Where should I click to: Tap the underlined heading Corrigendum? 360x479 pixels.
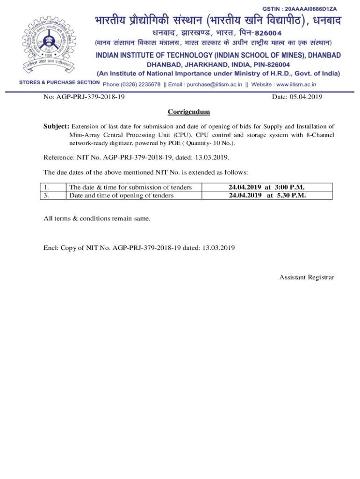pos(189,112)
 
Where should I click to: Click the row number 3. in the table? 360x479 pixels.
pos(47,196)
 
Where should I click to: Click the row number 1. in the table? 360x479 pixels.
pos(47,187)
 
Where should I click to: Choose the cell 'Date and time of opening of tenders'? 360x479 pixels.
pos(122,196)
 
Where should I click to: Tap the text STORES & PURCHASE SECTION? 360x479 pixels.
pos(59,83)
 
